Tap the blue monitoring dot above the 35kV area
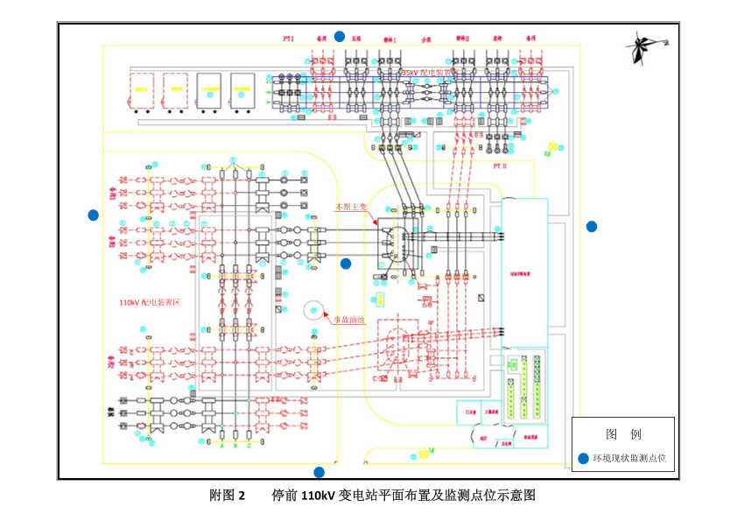point(340,36)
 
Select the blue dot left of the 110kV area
point(94,215)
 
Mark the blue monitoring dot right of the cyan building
point(592,226)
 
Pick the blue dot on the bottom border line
point(319,472)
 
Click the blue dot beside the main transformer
point(346,263)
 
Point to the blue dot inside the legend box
point(584,458)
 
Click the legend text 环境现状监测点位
point(629,458)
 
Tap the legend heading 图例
point(623,434)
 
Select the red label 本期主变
point(351,207)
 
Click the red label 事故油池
point(347,320)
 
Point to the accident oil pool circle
point(313,310)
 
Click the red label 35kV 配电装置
point(426,73)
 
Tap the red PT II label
point(500,165)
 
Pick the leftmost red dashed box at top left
point(141,90)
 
